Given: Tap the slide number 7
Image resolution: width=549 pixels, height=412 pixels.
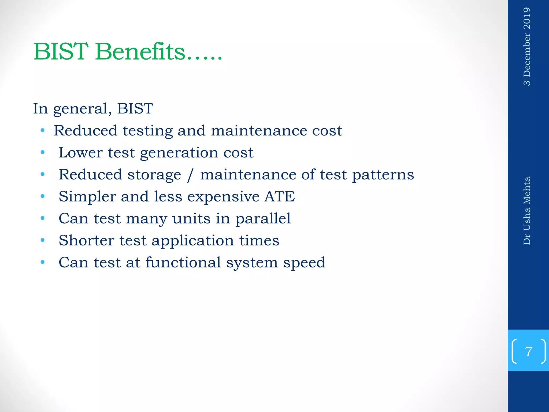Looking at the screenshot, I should (528, 351).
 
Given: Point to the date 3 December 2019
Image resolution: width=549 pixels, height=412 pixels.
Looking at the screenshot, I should (527, 46).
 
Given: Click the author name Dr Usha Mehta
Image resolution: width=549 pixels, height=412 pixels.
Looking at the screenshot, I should (527, 211).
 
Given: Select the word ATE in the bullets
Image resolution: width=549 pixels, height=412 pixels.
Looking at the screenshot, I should (280, 196).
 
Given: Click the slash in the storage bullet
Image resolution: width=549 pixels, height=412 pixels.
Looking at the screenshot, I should (190, 175).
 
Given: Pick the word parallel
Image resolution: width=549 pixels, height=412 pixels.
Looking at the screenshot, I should (263, 219).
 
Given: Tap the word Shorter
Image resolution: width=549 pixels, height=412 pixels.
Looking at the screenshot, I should (86, 240).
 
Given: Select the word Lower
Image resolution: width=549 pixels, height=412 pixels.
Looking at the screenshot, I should (80, 153).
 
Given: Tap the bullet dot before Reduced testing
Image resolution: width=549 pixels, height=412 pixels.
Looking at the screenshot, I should (42, 131).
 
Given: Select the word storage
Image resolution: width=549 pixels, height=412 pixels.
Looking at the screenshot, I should (154, 175).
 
